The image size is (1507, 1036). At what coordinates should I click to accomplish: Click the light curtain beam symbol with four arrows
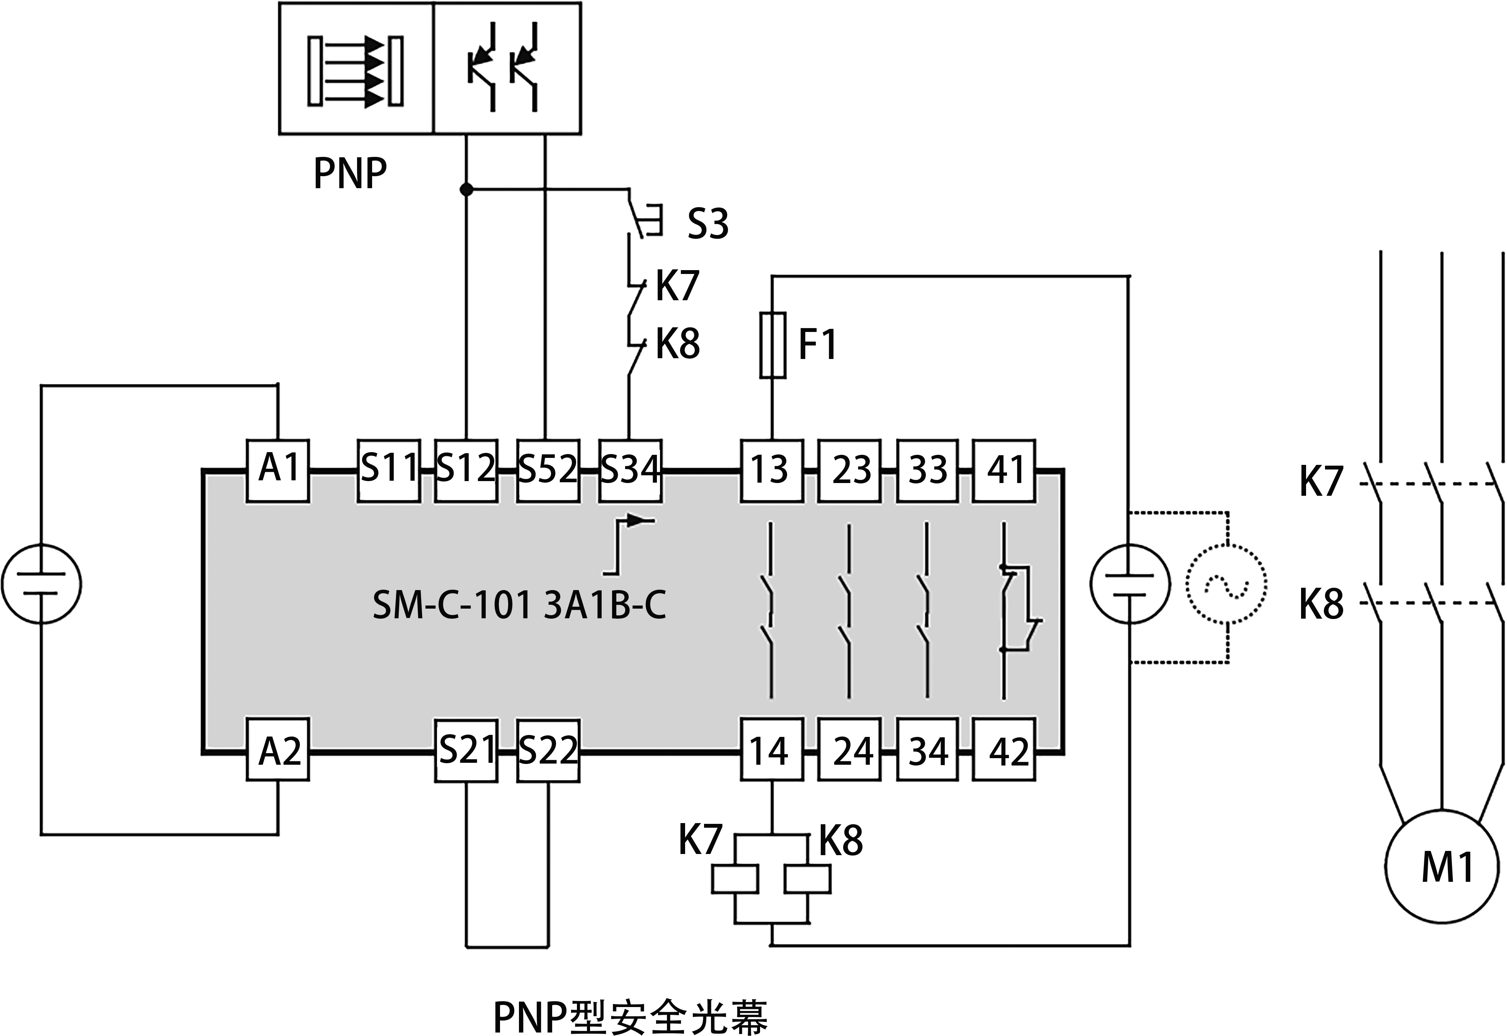tap(355, 71)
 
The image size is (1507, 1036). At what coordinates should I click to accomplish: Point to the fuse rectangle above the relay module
tap(772, 345)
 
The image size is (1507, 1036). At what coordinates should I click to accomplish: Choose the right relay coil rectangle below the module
tap(807, 879)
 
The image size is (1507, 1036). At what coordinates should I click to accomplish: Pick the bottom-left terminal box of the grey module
tap(278, 749)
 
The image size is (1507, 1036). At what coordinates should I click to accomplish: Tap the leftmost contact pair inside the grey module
tap(771, 610)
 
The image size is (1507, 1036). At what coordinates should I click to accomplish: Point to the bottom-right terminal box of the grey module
tap(1004, 749)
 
